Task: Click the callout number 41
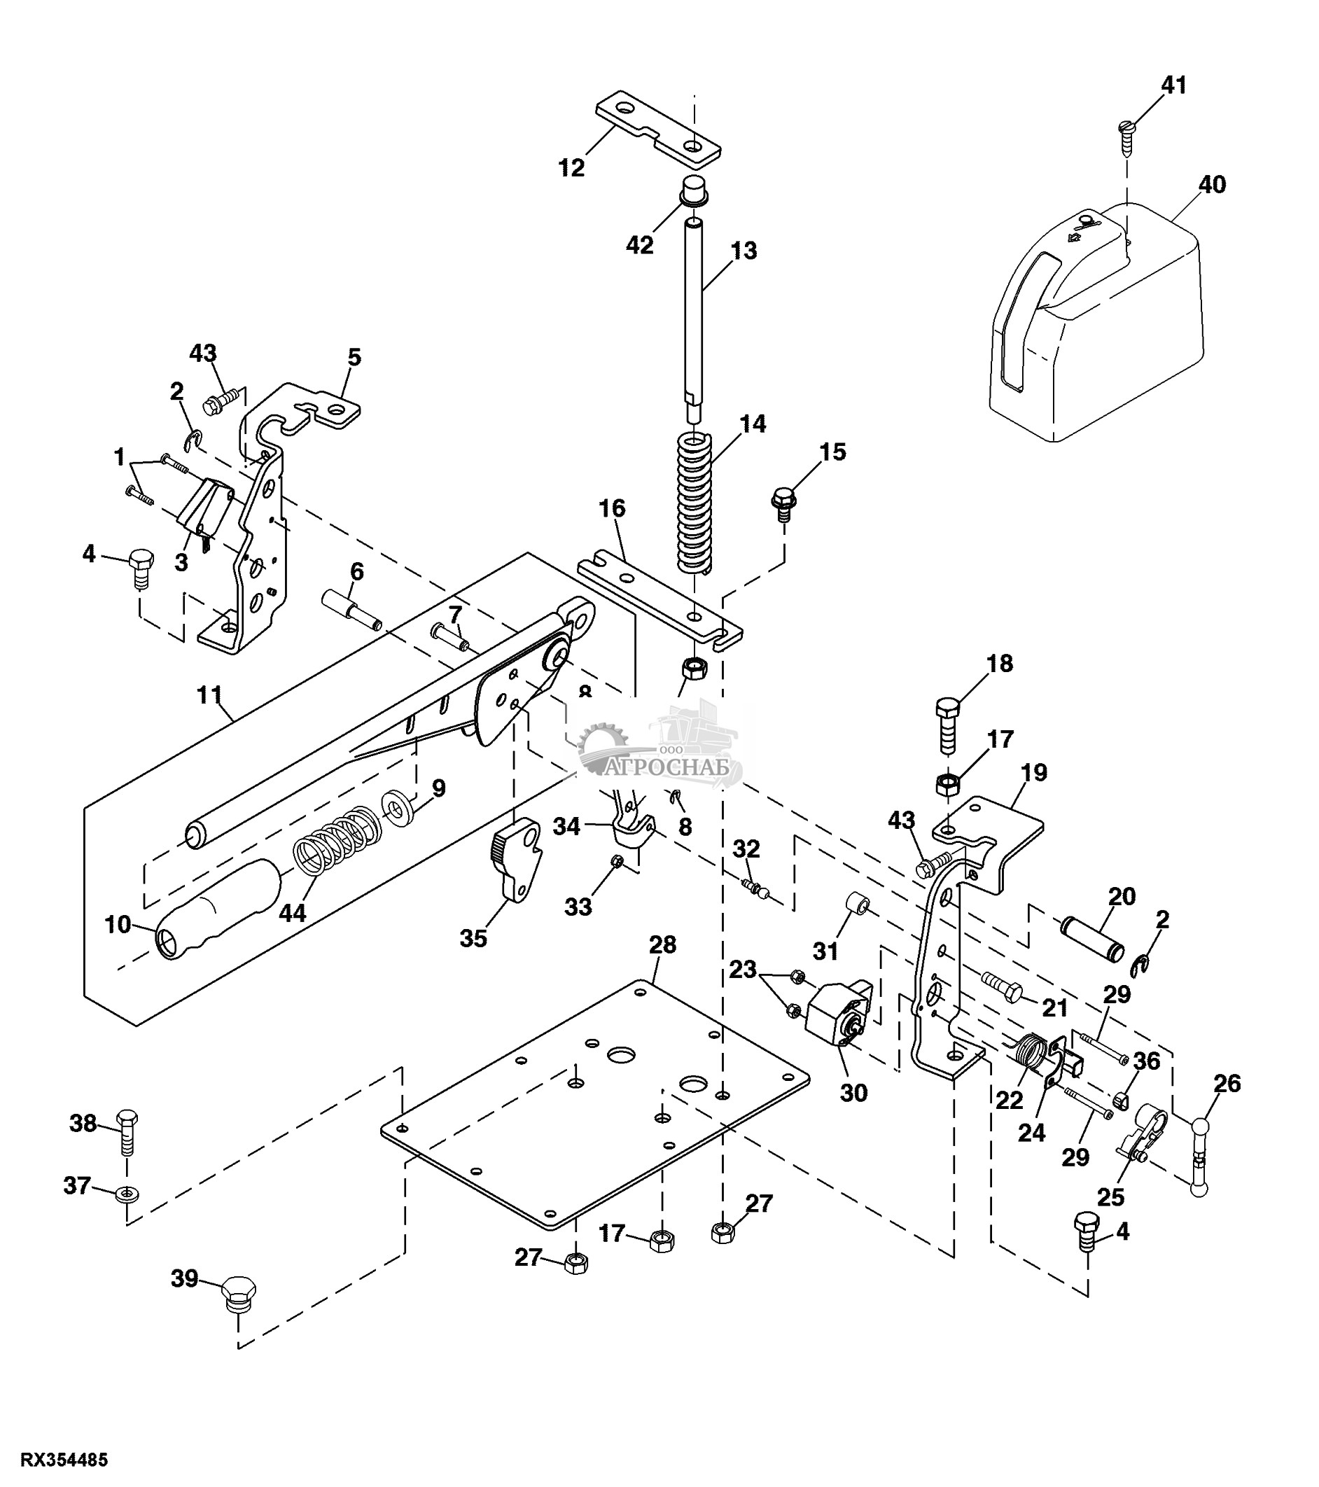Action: click(1173, 85)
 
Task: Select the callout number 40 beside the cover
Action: click(1212, 185)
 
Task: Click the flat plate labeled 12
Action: click(657, 125)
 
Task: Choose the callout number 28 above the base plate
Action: click(663, 945)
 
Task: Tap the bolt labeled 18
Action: click(949, 727)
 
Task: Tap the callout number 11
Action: click(209, 694)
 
